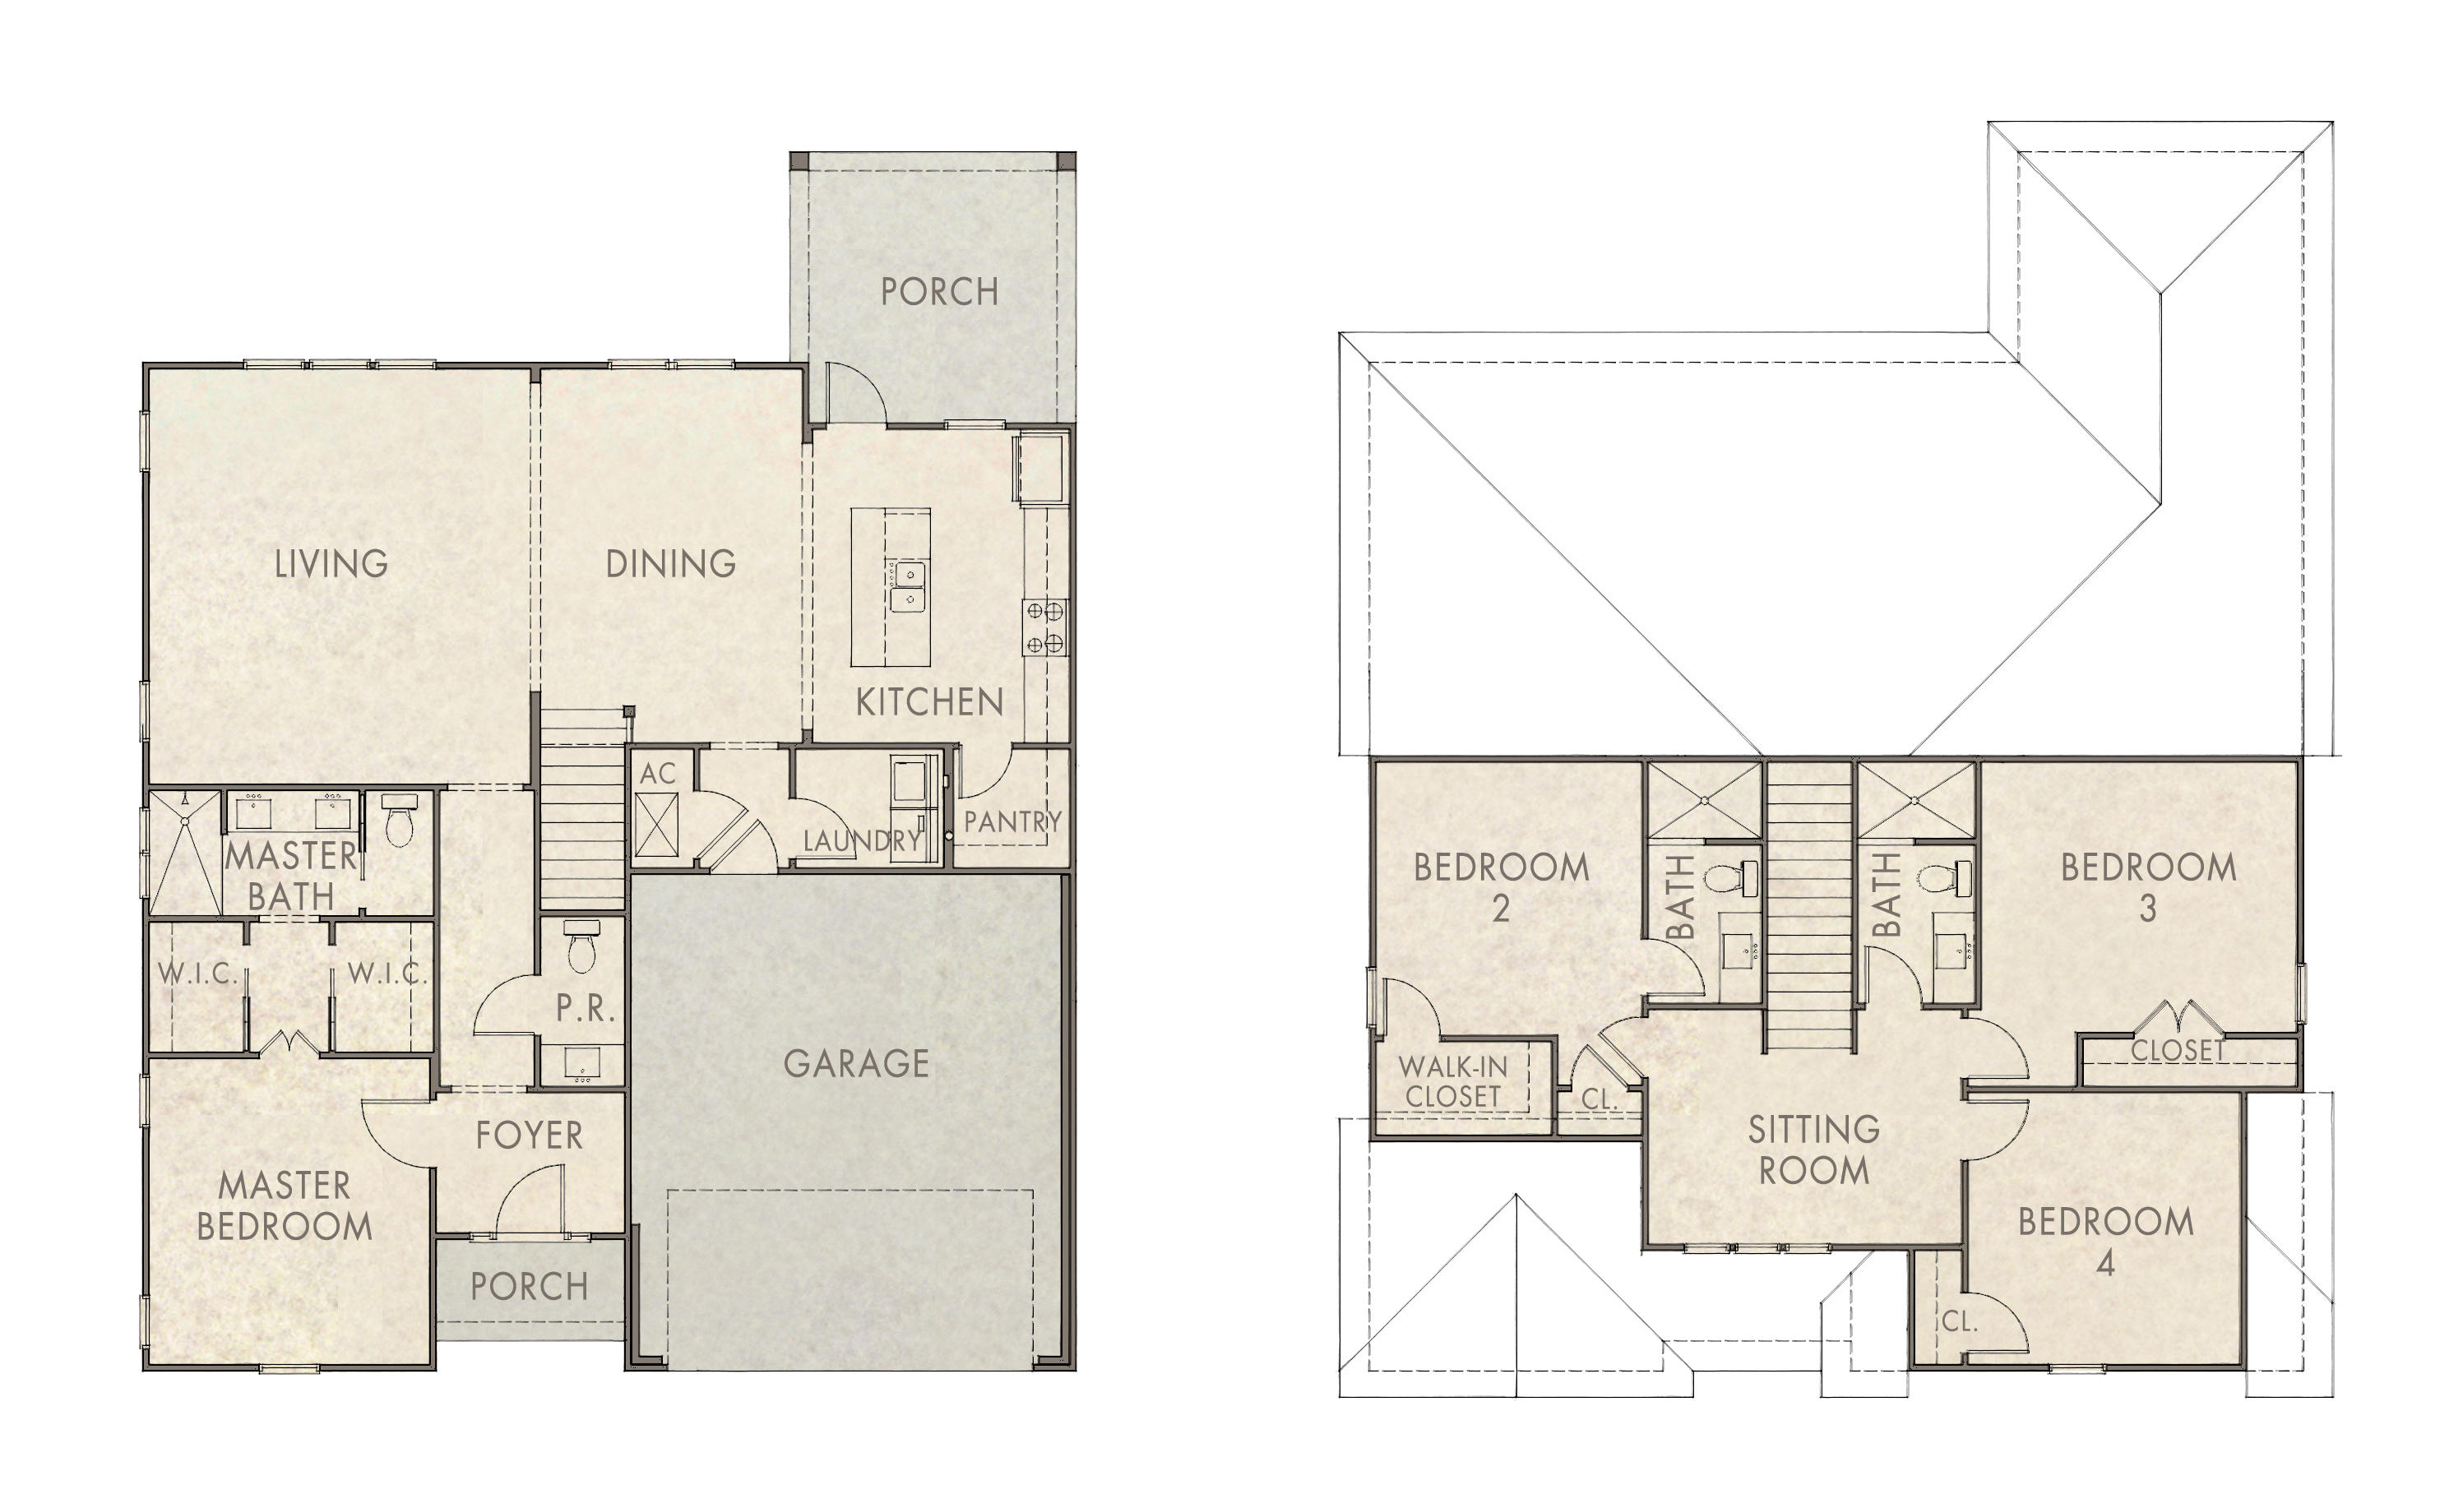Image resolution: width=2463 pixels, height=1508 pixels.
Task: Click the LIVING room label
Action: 331,563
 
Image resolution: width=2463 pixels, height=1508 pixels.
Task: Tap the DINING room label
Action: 671,563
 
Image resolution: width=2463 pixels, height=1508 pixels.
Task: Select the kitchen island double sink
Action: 908,586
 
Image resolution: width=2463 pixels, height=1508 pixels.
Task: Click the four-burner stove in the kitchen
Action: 1044,627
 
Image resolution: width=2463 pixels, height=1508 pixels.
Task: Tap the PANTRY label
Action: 1012,821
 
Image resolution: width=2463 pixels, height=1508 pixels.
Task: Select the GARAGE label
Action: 855,1063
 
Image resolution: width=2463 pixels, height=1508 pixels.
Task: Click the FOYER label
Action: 529,1136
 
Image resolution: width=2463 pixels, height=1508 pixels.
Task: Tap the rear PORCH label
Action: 938,292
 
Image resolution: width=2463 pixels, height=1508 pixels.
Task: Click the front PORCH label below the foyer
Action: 529,1286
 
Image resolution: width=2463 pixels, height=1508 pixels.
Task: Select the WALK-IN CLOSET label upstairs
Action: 1451,1081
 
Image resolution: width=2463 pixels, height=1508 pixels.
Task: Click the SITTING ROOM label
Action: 1813,1150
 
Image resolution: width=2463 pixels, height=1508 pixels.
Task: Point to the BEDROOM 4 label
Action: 2105,1241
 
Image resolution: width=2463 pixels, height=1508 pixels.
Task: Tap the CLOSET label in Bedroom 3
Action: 2177,1050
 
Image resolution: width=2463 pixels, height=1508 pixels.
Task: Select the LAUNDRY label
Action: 862,840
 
